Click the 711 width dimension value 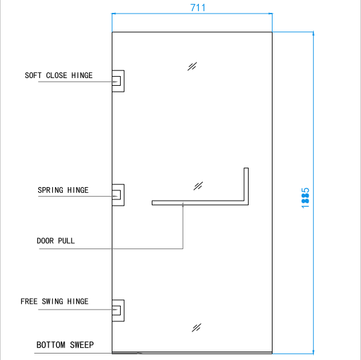tap(198, 8)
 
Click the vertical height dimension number tap(305, 198)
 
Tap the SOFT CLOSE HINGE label tap(59, 75)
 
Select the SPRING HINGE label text tap(63, 190)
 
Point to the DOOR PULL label tap(56, 241)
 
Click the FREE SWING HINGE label tap(54, 301)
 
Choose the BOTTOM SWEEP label tap(65, 345)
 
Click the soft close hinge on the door tap(118, 81)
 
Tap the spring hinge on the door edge tap(118, 195)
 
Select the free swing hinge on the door tap(118, 310)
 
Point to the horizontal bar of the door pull tap(198, 203)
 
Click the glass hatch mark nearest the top tap(192, 66)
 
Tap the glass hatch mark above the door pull tap(198, 186)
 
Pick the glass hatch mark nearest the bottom tap(196, 328)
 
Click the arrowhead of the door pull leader tap(183, 205)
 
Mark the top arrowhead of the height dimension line tap(313, 34)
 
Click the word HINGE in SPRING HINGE tap(77, 190)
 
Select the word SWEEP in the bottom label tap(82, 345)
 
